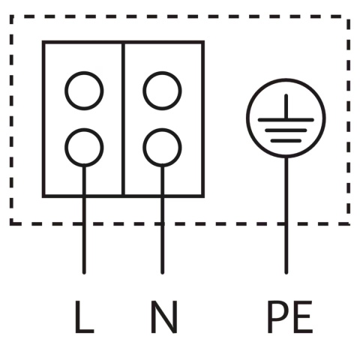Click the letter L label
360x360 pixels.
coord(84,317)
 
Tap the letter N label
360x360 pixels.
coord(164,317)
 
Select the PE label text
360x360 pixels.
coord(290,317)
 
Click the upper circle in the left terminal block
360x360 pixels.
coord(84,71)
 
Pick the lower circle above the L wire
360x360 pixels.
coord(84,128)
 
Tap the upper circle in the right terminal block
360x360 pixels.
coord(162,71)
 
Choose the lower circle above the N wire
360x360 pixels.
coord(162,128)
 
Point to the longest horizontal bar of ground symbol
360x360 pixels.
coord(286,120)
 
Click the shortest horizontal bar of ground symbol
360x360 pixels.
coord(286,141)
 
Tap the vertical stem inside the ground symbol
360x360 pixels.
coord(286,106)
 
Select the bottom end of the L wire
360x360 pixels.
coord(84,273)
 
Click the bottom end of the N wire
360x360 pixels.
coord(163,273)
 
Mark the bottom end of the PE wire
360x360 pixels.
coord(286,273)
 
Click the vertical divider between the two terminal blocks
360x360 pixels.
coord(123,119)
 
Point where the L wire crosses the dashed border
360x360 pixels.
coord(84,223)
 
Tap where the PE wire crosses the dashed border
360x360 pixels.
coord(286,223)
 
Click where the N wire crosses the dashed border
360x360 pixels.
coord(163,223)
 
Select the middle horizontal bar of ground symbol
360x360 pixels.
coord(286,130)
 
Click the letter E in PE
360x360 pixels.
coord(303,317)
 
